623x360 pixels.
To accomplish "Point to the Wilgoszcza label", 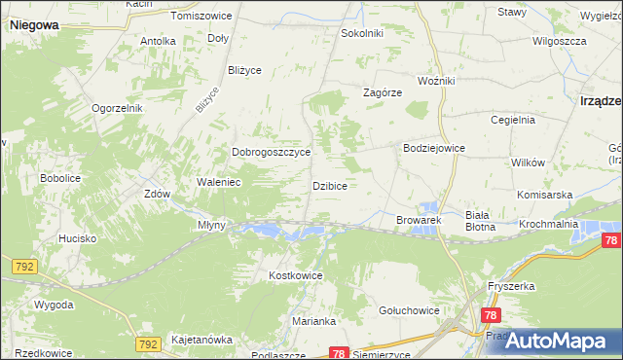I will (559, 42).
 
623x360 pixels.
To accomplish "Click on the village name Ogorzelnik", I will (118, 108).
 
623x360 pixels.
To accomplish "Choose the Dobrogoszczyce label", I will (271, 153).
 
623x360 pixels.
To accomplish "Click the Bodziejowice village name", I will (434, 148).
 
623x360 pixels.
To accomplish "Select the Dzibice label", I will (330, 185).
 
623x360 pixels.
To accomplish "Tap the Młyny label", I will (212, 225).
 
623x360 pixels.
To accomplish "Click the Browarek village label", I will (420, 221).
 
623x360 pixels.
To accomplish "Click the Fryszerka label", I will (513, 287).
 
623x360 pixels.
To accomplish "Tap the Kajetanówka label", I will (202, 340).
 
